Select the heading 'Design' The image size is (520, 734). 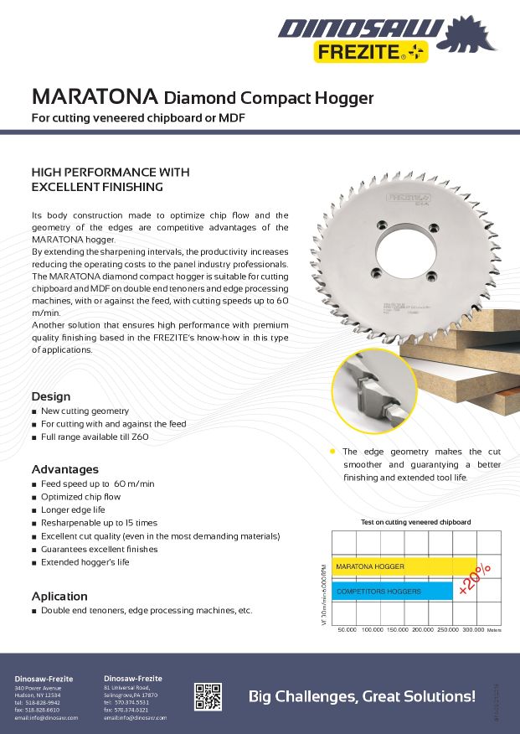pos(51,396)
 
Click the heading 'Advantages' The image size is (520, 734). pos(65,469)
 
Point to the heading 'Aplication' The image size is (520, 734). pos(59,596)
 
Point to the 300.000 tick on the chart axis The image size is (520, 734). pos(473,628)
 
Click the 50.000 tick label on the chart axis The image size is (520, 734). pos(346,628)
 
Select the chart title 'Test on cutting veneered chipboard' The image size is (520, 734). pos(415,522)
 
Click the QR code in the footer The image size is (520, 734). pos(209,696)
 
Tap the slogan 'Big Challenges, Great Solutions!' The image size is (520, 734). pos(362,696)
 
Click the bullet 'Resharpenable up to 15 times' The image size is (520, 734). pos(99,523)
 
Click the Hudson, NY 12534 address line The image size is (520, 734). pos(38,695)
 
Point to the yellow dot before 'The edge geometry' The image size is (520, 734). pos(332,451)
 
